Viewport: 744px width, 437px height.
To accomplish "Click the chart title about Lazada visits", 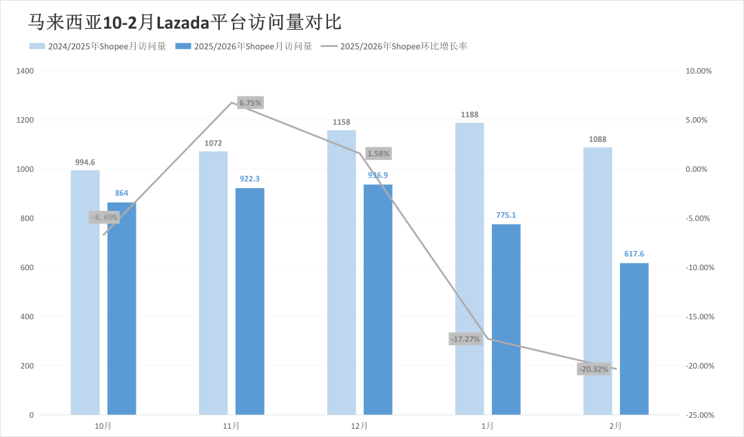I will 185,22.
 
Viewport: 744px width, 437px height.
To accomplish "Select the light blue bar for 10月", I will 85,292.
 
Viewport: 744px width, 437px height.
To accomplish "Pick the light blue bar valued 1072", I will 213,283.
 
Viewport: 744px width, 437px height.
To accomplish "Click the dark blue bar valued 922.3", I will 249,301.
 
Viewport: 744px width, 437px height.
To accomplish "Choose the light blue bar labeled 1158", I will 341,272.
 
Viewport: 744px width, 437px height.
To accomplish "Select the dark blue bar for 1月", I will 506,319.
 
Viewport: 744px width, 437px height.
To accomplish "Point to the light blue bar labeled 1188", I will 469,269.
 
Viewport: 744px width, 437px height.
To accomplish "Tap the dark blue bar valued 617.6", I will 634,338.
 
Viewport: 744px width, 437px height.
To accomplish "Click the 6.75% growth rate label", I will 250,103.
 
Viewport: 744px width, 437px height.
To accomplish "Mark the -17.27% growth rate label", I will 465,338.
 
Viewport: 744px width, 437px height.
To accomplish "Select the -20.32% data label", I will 593,369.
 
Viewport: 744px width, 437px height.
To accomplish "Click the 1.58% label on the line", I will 378,153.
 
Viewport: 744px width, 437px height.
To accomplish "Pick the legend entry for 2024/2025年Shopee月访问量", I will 97,46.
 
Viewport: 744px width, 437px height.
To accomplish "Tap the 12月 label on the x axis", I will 359,426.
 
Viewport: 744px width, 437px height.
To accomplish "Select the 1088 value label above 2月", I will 597,140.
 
